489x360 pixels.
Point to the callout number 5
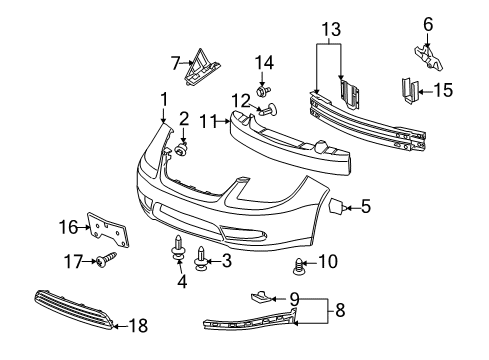click(x=365, y=208)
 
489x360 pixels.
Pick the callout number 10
click(x=326, y=262)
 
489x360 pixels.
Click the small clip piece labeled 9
click(x=257, y=296)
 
